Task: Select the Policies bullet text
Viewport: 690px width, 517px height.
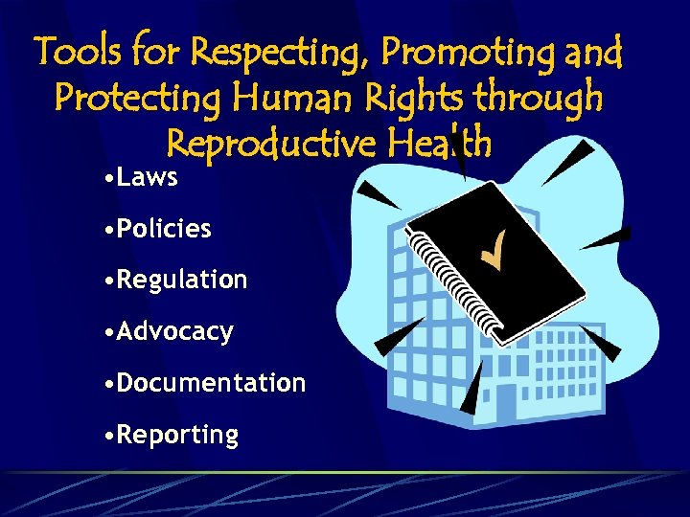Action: [x=164, y=229]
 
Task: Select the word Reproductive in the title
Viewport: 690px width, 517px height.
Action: [x=271, y=144]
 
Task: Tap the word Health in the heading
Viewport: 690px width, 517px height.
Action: [x=441, y=144]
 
